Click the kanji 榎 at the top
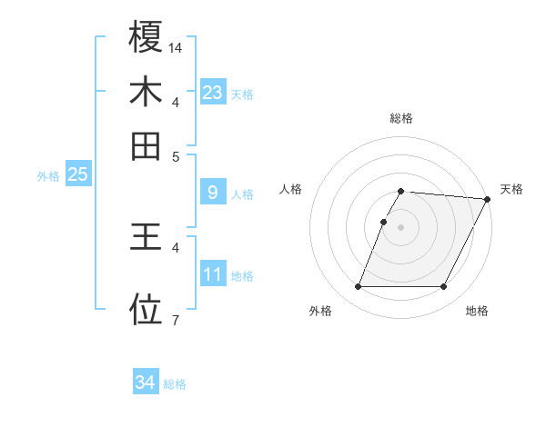pos(146,37)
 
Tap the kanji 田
pos(146,144)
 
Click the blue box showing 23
pos(213,93)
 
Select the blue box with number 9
pos(213,193)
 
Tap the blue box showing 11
pos(213,274)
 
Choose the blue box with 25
pos(77,174)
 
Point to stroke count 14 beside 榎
pos(176,46)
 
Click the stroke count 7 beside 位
pos(175,319)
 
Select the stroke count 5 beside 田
pos(175,155)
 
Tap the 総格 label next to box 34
pos(175,384)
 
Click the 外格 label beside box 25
pos(47,176)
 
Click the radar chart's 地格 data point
pos(444,287)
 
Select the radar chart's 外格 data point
pos(358,287)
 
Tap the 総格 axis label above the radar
pos(400,118)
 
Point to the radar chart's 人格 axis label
pos(291,189)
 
